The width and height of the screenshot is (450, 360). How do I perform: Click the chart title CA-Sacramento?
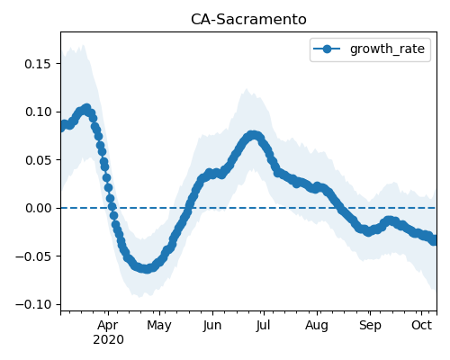(x=248, y=20)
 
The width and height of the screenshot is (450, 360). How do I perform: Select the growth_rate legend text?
(x=387, y=49)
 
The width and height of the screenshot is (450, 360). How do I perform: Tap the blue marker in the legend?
(x=327, y=49)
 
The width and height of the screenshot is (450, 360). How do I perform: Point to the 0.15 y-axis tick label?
(x=38, y=64)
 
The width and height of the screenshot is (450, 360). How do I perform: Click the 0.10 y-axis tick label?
(x=38, y=112)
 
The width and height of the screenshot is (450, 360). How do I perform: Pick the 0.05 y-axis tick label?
(x=38, y=160)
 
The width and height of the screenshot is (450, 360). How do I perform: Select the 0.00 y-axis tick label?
(x=38, y=208)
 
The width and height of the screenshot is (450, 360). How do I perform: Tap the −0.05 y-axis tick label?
(x=33, y=256)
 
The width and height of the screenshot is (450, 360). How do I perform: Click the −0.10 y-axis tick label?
(x=33, y=304)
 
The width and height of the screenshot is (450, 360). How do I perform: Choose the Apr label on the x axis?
(x=108, y=326)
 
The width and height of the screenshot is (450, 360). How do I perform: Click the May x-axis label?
(x=159, y=326)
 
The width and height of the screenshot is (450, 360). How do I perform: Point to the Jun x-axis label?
(x=212, y=325)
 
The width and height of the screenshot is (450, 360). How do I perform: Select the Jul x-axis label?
(x=263, y=325)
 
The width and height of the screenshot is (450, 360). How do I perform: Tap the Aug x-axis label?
(x=317, y=326)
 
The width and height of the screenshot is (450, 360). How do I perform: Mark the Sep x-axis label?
(x=370, y=326)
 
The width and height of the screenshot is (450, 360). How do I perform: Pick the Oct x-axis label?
(x=421, y=325)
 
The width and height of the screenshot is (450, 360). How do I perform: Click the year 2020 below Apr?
(x=108, y=340)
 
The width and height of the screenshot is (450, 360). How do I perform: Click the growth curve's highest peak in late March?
(x=87, y=108)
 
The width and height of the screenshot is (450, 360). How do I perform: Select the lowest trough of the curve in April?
(x=146, y=269)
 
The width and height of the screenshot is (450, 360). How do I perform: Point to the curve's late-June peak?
(x=254, y=135)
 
